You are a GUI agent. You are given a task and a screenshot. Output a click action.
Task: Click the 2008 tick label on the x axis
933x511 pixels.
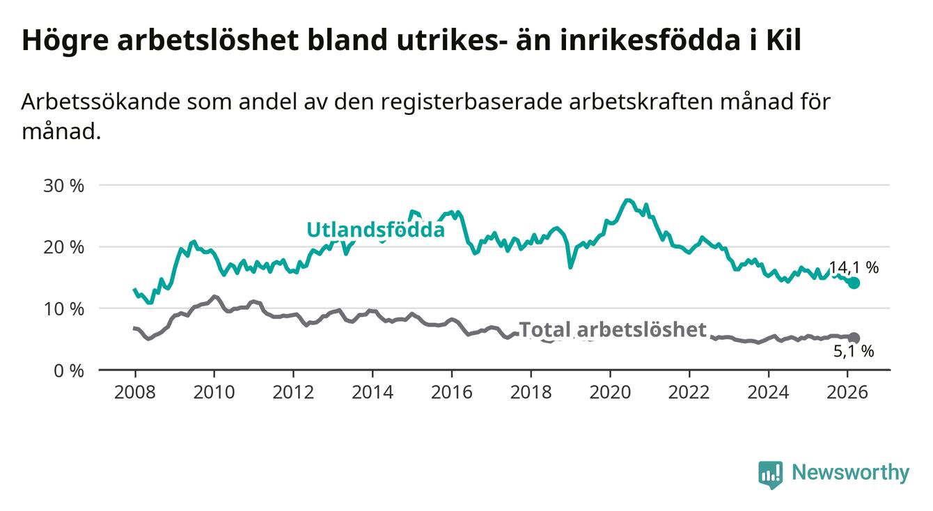click(x=134, y=391)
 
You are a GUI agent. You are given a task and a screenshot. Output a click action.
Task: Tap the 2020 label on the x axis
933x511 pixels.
click(x=610, y=391)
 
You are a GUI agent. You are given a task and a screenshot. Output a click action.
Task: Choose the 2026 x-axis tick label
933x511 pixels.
click(x=847, y=391)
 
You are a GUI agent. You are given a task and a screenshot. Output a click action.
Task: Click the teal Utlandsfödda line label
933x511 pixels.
click(x=375, y=230)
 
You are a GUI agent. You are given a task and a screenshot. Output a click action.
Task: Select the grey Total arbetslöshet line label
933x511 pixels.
click(x=613, y=329)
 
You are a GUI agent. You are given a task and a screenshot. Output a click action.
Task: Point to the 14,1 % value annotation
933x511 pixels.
click(x=854, y=268)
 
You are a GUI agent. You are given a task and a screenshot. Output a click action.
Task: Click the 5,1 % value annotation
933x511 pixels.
click(x=854, y=352)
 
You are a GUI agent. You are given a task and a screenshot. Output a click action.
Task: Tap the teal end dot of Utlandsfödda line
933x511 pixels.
click(x=854, y=283)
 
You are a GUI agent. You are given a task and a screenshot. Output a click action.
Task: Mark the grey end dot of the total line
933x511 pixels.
click(x=854, y=338)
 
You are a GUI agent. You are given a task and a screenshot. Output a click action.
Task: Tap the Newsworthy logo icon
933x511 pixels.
click(x=770, y=475)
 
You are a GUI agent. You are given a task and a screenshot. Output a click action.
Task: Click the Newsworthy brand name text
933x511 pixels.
click(x=850, y=473)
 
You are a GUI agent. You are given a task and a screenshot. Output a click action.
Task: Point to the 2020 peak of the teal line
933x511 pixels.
click(x=628, y=201)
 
